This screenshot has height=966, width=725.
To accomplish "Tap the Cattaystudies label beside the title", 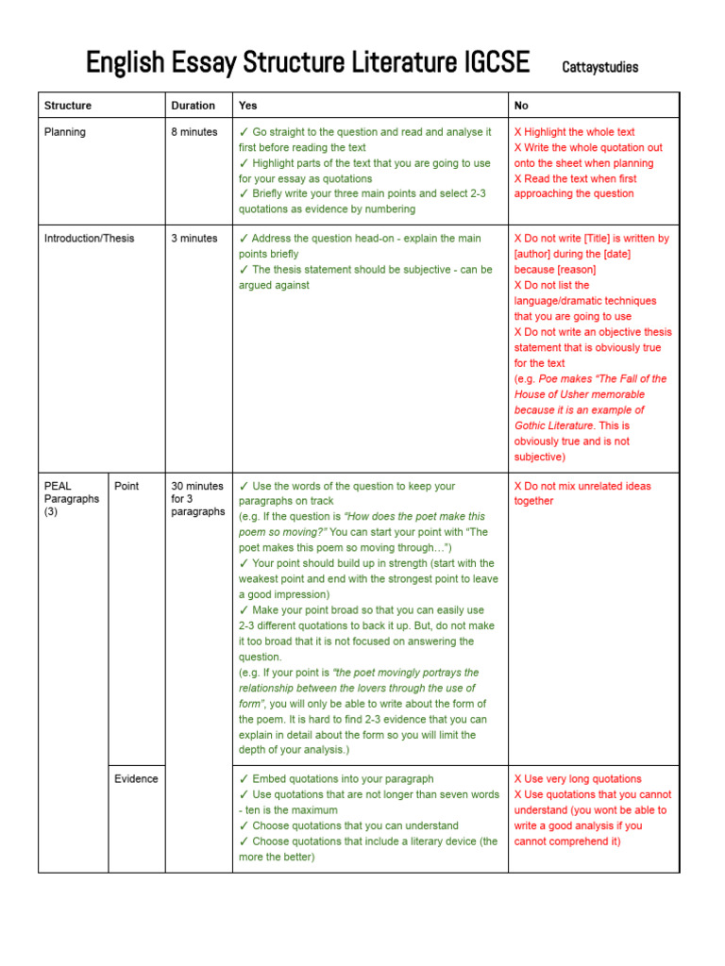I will (x=599, y=67).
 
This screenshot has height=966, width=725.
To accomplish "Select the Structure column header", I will (x=68, y=106).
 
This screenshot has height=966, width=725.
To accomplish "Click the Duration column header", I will (x=193, y=106).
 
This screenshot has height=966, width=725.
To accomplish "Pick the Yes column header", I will (x=247, y=106).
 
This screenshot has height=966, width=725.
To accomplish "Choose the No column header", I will (x=521, y=106).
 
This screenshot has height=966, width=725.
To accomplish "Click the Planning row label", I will (x=65, y=132).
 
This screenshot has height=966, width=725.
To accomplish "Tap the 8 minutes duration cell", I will (x=194, y=132).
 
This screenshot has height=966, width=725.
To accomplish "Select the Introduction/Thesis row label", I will (x=89, y=239).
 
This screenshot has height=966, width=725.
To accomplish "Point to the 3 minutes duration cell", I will (x=194, y=239).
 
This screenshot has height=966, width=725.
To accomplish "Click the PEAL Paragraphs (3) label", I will (x=71, y=499).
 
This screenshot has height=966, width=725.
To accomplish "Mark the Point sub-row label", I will (x=126, y=486).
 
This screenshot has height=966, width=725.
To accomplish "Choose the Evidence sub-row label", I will (x=136, y=779).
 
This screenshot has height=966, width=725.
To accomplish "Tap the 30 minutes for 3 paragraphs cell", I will (x=197, y=499).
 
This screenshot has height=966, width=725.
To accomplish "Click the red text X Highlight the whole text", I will (x=574, y=132).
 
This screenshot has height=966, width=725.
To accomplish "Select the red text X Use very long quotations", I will (x=577, y=779).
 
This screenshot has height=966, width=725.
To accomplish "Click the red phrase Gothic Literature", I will (x=554, y=425).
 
